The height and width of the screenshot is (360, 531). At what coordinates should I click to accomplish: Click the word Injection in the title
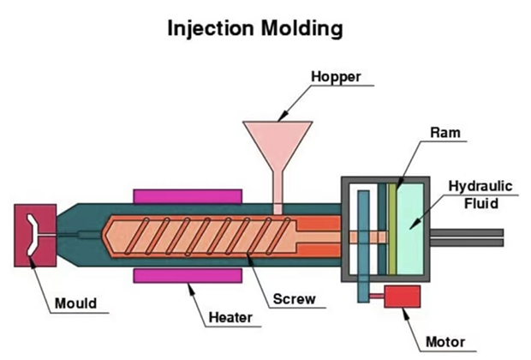click(211, 28)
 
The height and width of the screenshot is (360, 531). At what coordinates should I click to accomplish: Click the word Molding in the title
click(302, 28)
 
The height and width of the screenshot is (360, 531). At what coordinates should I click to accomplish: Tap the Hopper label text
click(336, 77)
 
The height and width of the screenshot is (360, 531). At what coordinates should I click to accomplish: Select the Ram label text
click(445, 133)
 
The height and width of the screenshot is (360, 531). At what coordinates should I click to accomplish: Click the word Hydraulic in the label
click(480, 187)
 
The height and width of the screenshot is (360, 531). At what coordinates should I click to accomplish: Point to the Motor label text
click(445, 342)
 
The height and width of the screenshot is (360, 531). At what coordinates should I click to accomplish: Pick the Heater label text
click(230, 318)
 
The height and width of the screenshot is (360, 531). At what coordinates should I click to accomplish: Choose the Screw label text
click(295, 299)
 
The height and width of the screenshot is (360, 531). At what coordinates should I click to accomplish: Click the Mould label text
click(76, 303)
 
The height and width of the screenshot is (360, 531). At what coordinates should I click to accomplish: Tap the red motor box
click(402, 297)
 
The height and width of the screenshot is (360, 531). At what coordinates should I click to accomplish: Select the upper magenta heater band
click(188, 197)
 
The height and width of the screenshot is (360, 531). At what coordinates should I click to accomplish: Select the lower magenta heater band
click(188, 275)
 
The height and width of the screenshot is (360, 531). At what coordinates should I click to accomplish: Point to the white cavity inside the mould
click(33, 235)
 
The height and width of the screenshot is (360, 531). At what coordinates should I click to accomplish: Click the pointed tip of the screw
click(104, 235)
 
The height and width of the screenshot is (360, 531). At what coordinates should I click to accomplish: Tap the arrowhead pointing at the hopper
click(283, 117)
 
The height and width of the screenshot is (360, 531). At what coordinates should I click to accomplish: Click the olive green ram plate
click(392, 229)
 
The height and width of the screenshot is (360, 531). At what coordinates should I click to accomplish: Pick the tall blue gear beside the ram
click(363, 247)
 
